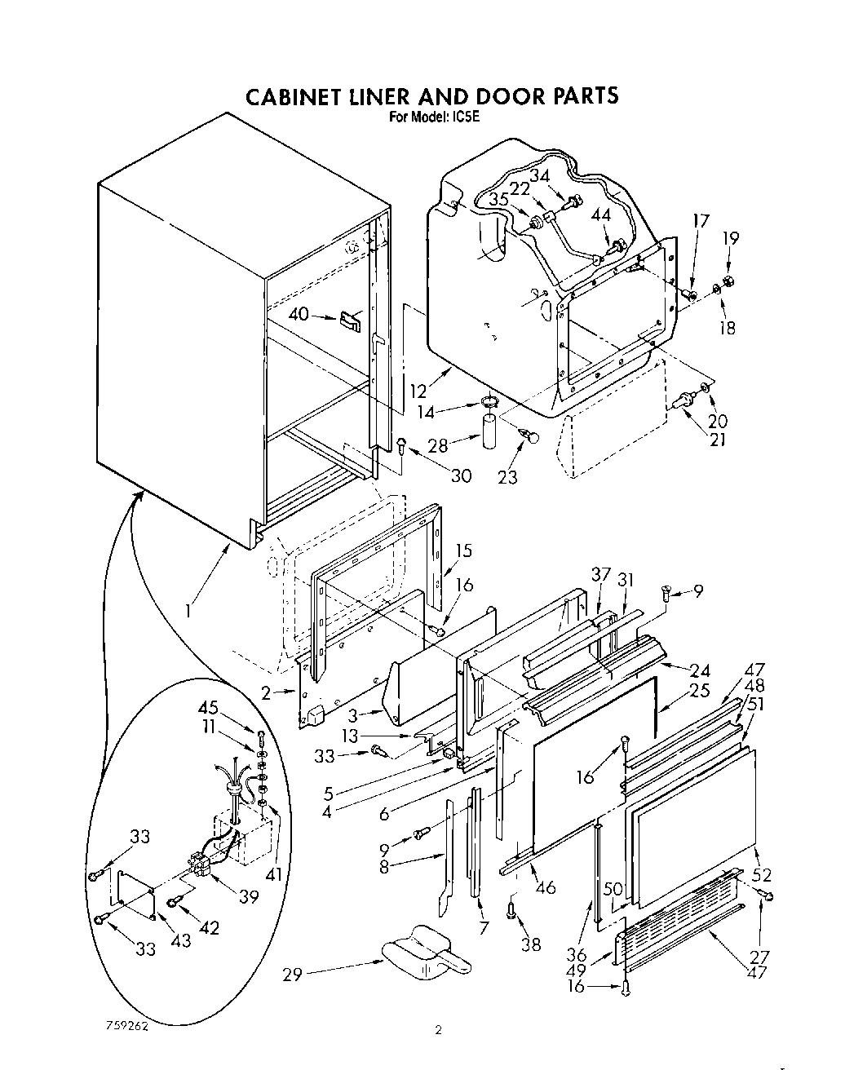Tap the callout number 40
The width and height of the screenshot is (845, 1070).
[299, 313]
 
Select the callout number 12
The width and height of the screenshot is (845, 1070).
[418, 391]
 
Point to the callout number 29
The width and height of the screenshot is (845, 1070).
[293, 974]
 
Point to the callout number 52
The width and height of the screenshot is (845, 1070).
[762, 875]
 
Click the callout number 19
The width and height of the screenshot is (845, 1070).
[731, 239]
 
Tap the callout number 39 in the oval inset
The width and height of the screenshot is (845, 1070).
[249, 896]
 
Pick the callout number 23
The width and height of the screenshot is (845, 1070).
[507, 477]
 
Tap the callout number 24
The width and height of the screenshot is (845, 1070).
[700, 670]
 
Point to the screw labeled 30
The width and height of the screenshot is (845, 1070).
[403, 444]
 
